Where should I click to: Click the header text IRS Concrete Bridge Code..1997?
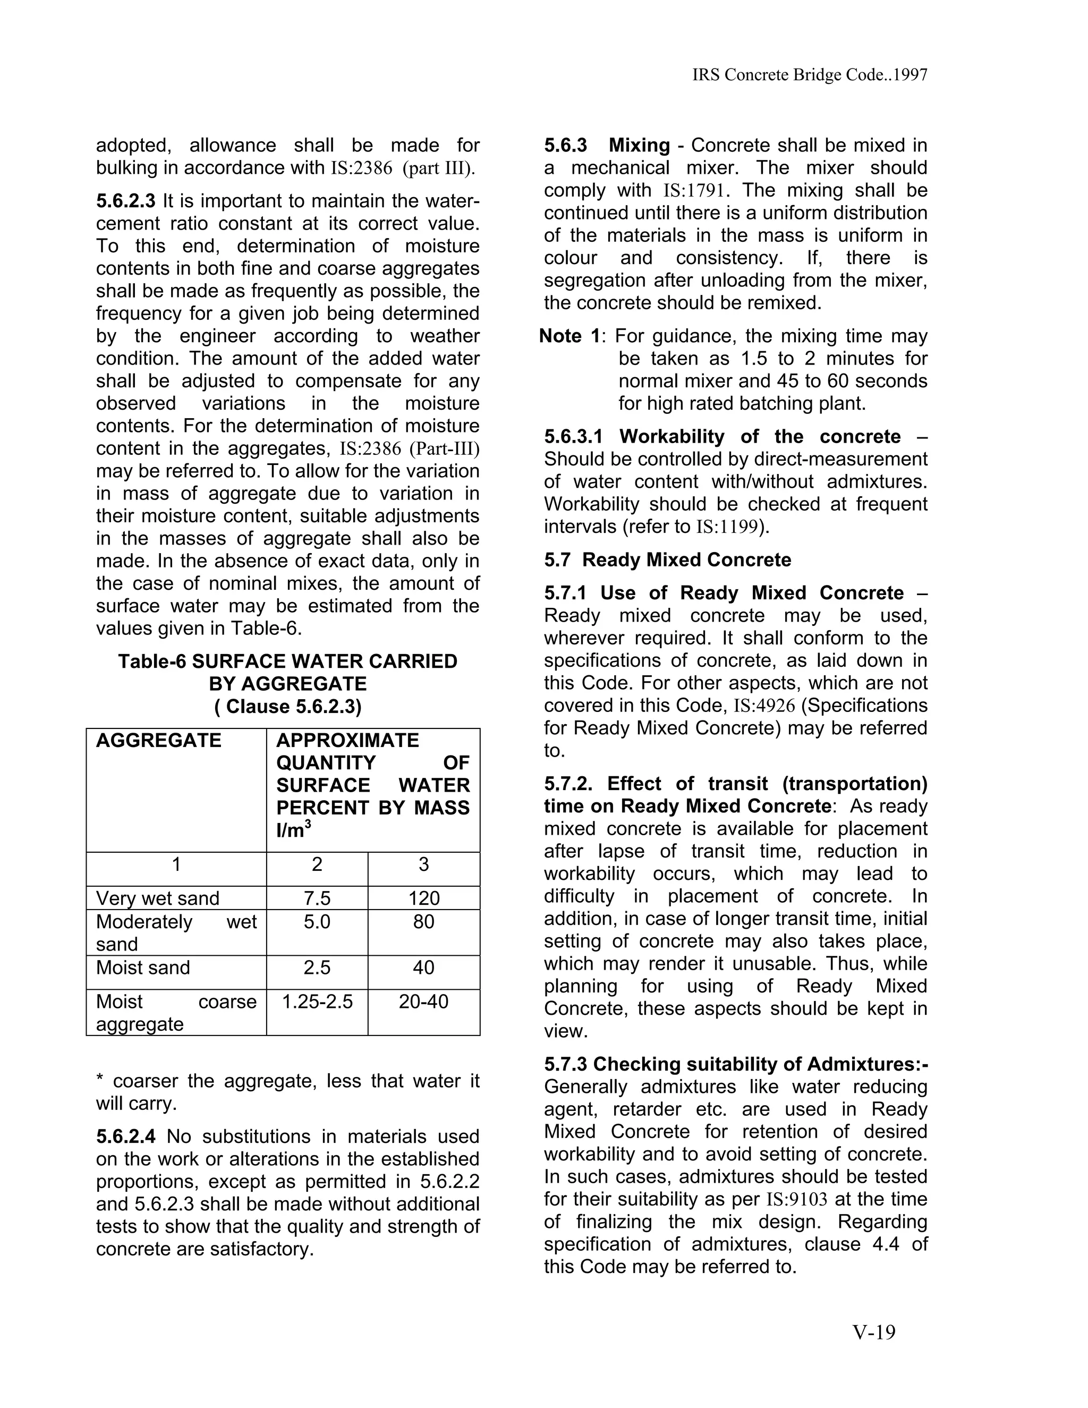pyautogui.click(x=810, y=75)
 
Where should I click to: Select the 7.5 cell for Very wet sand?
pyautogui.click(x=317, y=898)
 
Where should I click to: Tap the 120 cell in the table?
pyautogui.click(x=423, y=898)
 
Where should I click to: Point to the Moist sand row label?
pyautogui.click(x=143, y=967)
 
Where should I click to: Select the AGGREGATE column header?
pyautogui.click(x=158, y=740)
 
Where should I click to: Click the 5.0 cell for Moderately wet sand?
pyautogui.click(x=317, y=921)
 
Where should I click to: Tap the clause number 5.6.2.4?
pyautogui.click(x=126, y=1136)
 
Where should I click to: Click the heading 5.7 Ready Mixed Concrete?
pyautogui.click(x=667, y=559)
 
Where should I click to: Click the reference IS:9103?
pyautogui.click(x=796, y=1199)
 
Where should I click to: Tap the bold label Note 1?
pyautogui.click(x=570, y=336)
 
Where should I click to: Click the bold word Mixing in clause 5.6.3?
pyautogui.click(x=639, y=145)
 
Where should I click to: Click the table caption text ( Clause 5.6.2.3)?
pyautogui.click(x=287, y=707)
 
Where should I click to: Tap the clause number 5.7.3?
pyautogui.click(x=566, y=1064)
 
